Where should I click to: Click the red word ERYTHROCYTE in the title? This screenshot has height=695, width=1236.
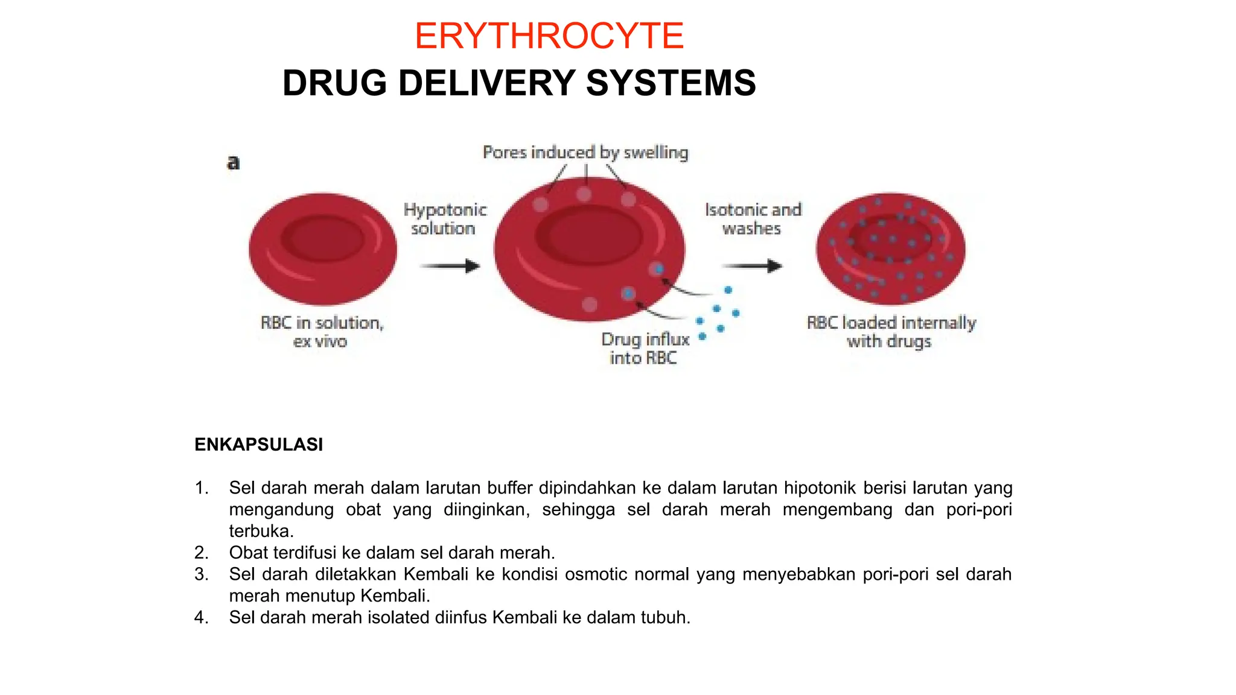[549, 36]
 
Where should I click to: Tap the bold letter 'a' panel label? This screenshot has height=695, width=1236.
[234, 162]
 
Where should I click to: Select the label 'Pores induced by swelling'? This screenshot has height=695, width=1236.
[585, 153]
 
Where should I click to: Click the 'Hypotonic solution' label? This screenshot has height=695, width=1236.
[445, 219]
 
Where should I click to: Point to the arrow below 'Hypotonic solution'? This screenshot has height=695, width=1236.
[449, 266]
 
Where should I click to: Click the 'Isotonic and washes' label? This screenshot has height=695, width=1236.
[753, 219]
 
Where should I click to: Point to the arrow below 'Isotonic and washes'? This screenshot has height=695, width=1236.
[752, 266]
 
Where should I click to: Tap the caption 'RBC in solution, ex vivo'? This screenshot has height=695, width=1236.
[322, 332]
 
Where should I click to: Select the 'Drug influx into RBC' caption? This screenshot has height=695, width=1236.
[645, 348]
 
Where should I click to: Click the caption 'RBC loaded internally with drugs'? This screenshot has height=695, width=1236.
[891, 332]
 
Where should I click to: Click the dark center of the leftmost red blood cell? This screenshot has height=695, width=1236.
[323, 238]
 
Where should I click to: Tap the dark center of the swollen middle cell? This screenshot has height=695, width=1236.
[588, 235]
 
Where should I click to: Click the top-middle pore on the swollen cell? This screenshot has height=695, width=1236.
[584, 194]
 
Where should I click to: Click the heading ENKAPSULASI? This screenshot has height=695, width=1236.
[258, 445]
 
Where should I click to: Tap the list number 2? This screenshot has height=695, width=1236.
[201, 553]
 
